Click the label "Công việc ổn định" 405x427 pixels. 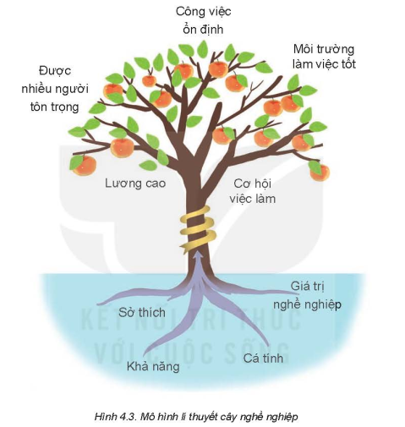203,20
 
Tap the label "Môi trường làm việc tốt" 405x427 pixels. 324,57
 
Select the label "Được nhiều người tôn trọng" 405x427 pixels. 55,89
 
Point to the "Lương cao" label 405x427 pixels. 135,183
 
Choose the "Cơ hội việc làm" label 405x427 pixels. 252,191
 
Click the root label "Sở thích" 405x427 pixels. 141,312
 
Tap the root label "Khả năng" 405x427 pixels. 153,366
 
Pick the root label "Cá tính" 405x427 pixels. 263,358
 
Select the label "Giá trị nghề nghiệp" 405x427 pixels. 307,296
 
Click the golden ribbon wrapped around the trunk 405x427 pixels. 198,229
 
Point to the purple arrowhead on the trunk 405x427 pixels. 199,255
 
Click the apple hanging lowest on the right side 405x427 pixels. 320,172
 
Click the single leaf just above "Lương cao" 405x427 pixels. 148,165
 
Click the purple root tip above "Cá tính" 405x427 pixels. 269,346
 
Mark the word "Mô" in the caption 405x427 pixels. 145,416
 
